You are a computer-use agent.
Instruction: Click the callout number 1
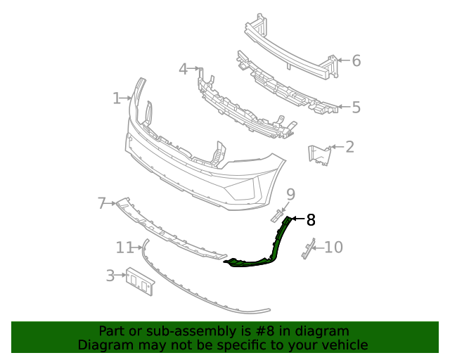click(117, 98)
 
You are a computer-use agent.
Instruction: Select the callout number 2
click(349, 147)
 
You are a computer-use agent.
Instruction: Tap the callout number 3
click(110, 276)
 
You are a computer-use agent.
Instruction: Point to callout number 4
click(183, 69)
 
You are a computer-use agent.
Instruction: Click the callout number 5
click(356, 108)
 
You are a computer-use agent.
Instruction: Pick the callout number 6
click(356, 61)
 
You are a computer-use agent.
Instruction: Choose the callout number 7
click(102, 204)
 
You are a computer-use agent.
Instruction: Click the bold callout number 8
click(310, 220)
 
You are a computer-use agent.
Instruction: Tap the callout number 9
click(290, 193)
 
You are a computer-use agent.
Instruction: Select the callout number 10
click(333, 247)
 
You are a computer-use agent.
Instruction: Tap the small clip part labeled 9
click(277, 215)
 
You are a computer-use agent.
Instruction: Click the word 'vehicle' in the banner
click(342, 345)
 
